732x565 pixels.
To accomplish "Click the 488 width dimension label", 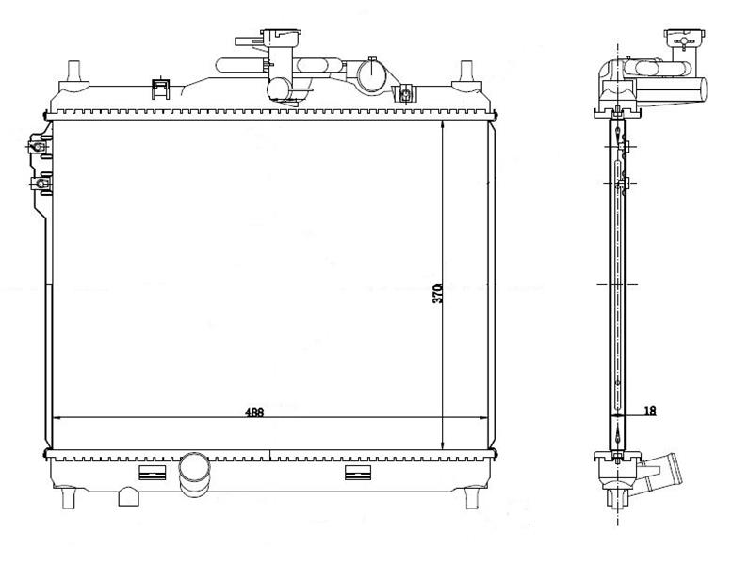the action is [x=255, y=412].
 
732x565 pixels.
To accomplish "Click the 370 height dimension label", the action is [x=437, y=294].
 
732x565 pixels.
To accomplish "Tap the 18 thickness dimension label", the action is [x=650, y=411].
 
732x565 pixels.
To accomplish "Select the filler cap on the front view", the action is [x=281, y=35].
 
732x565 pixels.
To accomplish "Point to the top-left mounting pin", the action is [x=74, y=73].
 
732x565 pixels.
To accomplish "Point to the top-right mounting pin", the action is [x=465, y=73].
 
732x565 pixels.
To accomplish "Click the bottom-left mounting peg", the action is [x=68, y=498].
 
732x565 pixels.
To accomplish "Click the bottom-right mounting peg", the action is [x=472, y=498].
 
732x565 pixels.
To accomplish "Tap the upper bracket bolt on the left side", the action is [x=37, y=147].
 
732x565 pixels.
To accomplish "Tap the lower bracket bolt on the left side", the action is [x=41, y=184].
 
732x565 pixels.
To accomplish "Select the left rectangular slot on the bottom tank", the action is [x=153, y=473].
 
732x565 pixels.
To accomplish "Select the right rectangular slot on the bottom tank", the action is [x=358, y=473].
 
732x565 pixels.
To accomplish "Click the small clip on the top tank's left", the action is [x=160, y=89].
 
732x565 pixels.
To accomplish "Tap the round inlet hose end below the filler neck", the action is [x=280, y=89].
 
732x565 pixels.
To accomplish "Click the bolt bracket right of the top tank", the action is [x=405, y=94].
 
